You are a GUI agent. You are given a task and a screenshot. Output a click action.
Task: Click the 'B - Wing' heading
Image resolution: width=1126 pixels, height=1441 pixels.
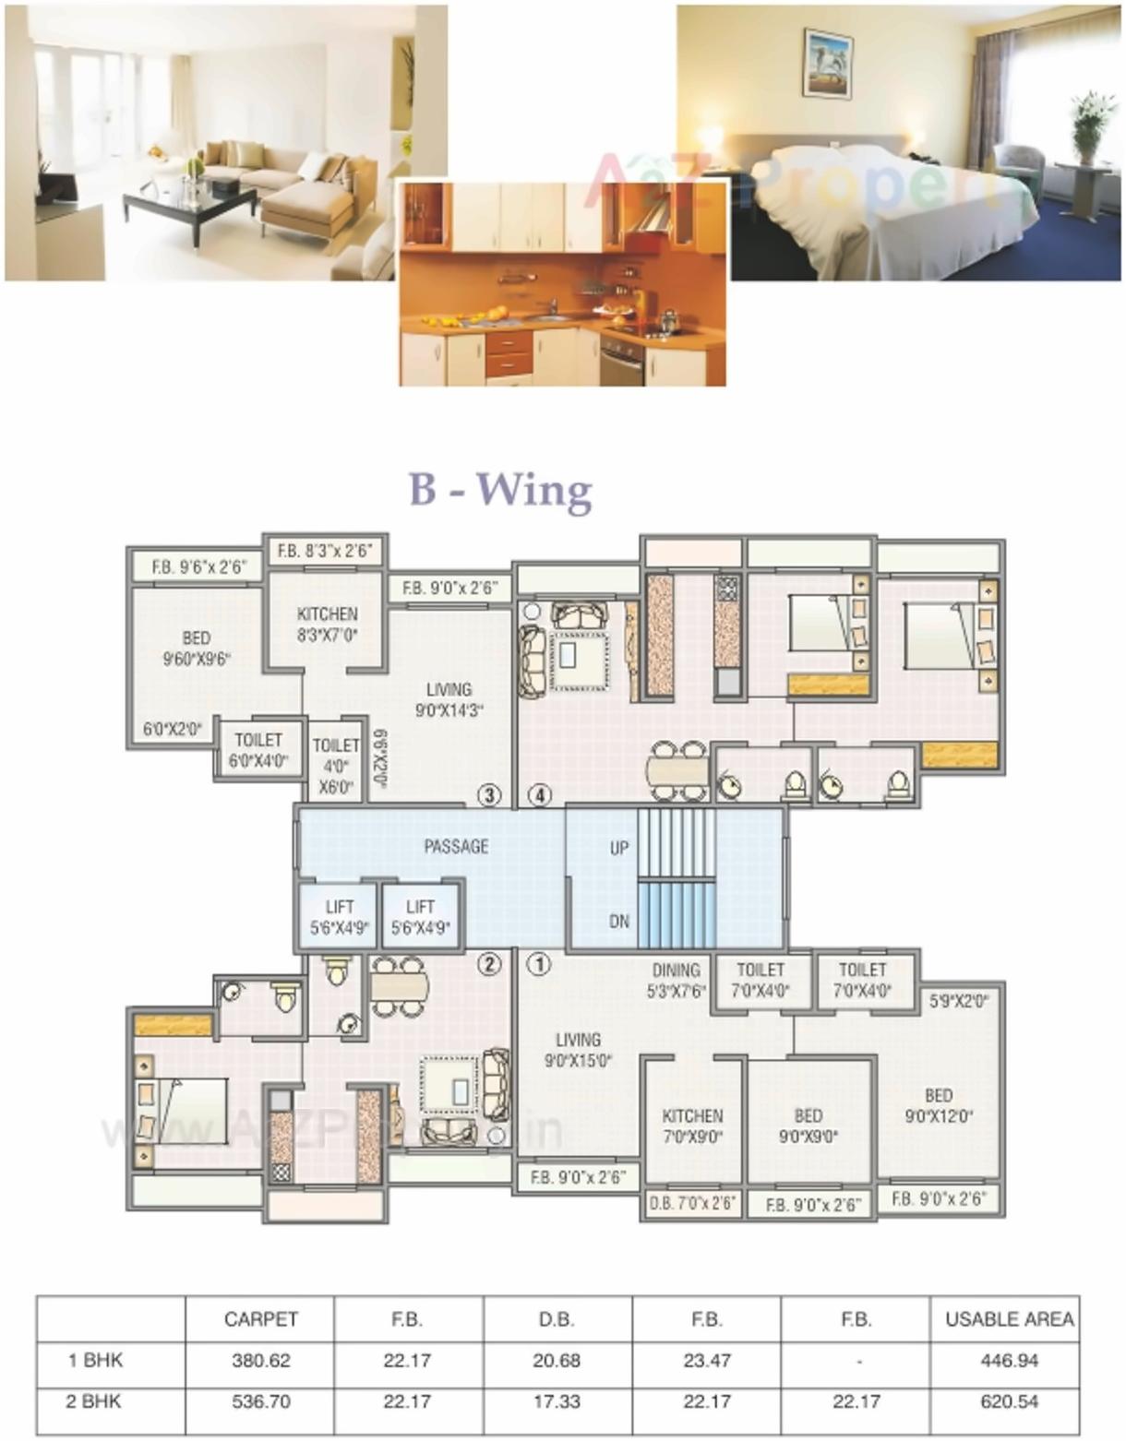[500, 489]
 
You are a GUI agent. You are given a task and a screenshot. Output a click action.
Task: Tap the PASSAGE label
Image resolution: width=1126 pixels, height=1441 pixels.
[456, 846]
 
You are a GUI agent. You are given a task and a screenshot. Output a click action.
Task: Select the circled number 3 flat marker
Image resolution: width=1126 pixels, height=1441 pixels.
[488, 795]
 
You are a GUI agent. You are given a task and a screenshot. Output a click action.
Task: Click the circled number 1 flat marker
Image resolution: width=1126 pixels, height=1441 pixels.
[538, 964]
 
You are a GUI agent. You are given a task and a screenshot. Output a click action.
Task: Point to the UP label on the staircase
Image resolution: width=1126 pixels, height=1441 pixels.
[619, 847]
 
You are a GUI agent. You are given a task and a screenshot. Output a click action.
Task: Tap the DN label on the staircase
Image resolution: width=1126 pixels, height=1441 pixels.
[619, 921]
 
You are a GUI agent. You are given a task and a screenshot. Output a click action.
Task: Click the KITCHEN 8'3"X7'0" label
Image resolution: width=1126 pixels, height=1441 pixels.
[327, 624]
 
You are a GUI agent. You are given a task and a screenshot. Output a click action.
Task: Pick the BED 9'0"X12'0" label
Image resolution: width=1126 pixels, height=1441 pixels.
[938, 1105]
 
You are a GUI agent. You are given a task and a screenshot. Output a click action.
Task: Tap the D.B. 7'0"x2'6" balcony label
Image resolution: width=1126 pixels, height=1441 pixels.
[692, 1203]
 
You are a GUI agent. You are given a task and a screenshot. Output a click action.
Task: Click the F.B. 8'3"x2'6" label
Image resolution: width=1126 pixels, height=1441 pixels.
[324, 551]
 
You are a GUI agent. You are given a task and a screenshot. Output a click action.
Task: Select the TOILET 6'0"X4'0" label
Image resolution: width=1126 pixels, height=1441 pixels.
[258, 750]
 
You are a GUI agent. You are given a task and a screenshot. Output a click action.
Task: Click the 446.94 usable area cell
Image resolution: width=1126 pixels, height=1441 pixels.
[1010, 1360]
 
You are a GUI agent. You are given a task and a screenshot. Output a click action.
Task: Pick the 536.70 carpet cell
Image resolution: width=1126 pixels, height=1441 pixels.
[261, 1401]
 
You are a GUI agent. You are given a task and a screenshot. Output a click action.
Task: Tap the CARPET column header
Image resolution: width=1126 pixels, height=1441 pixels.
[261, 1319]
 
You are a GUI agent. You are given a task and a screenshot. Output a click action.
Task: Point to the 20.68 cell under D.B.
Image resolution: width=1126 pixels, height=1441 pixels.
[557, 1360]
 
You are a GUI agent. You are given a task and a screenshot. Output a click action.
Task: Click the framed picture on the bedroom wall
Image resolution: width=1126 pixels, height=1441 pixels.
[827, 62]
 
